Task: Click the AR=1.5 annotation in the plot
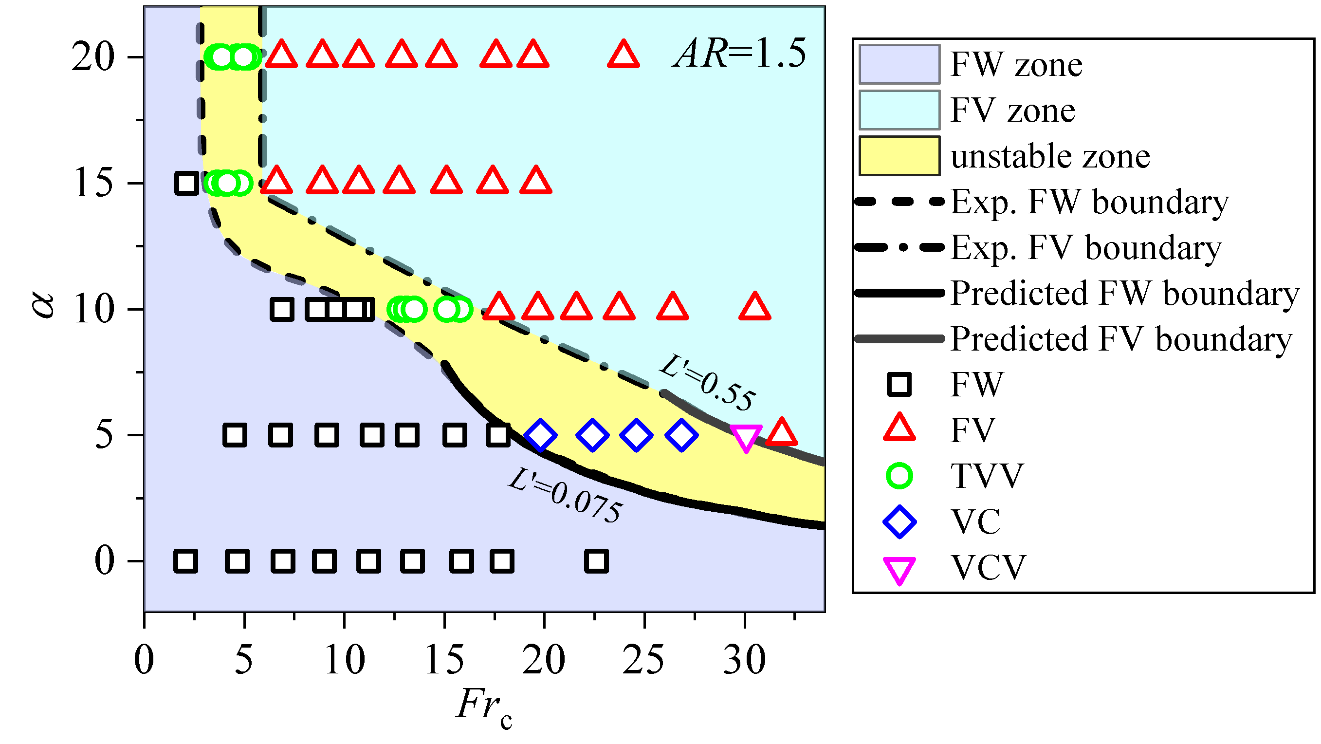[x=740, y=54]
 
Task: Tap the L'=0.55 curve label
[x=708, y=383]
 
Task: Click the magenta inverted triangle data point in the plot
[x=746, y=437]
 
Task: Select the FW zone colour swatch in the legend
[x=899, y=64]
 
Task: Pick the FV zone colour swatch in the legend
[x=899, y=110]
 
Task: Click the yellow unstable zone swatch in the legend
[x=899, y=156]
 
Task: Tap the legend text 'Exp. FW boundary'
[x=1090, y=202]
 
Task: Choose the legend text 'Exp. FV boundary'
[x=1086, y=247]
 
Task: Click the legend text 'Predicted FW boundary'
[x=1124, y=293]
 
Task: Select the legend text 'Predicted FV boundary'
[x=1121, y=339]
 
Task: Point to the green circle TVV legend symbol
[x=899, y=476]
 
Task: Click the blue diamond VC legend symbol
[x=899, y=522]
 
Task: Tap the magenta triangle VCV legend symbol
[x=899, y=570]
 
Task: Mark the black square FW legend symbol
[x=899, y=384]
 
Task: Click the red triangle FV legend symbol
[x=899, y=428]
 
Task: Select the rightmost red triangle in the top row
[x=623, y=56]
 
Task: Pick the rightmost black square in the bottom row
[x=596, y=561]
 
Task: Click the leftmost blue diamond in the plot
[x=540, y=435]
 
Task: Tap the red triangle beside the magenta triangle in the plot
[x=782, y=432]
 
